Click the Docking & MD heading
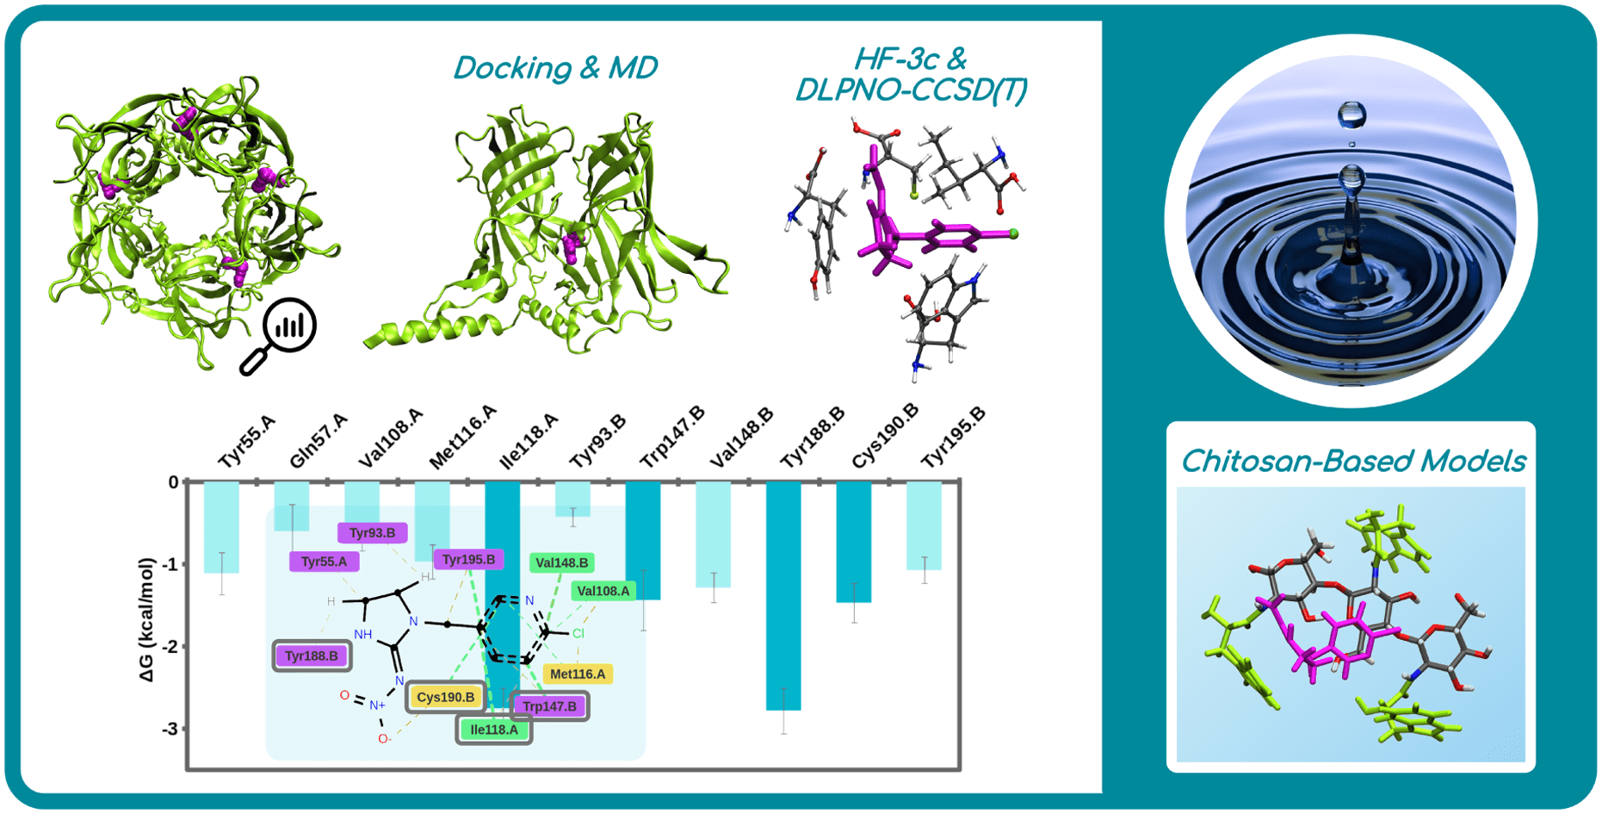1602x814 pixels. (x=555, y=68)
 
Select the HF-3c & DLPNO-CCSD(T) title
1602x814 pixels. (x=911, y=74)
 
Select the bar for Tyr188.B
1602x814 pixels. (x=783, y=596)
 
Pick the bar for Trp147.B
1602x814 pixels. (x=643, y=541)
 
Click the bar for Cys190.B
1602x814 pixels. (x=854, y=542)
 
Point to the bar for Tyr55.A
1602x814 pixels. (x=221, y=527)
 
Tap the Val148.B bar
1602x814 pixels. (x=713, y=535)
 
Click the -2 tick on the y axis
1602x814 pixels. (x=172, y=647)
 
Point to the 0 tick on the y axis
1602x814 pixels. (x=174, y=482)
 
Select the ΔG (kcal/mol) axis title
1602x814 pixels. (x=147, y=619)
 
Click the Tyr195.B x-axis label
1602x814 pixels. (x=953, y=438)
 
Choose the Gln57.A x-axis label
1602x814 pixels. (x=318, y=440)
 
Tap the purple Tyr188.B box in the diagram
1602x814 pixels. (x=312, y=656)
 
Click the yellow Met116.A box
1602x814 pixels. (x=578, y=674)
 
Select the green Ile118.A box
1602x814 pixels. (x=493, y=730)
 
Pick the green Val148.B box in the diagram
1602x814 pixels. (x=561, y=562)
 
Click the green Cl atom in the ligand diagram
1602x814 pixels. (x=578, y=633)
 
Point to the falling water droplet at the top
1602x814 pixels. (x=1351, y=115)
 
